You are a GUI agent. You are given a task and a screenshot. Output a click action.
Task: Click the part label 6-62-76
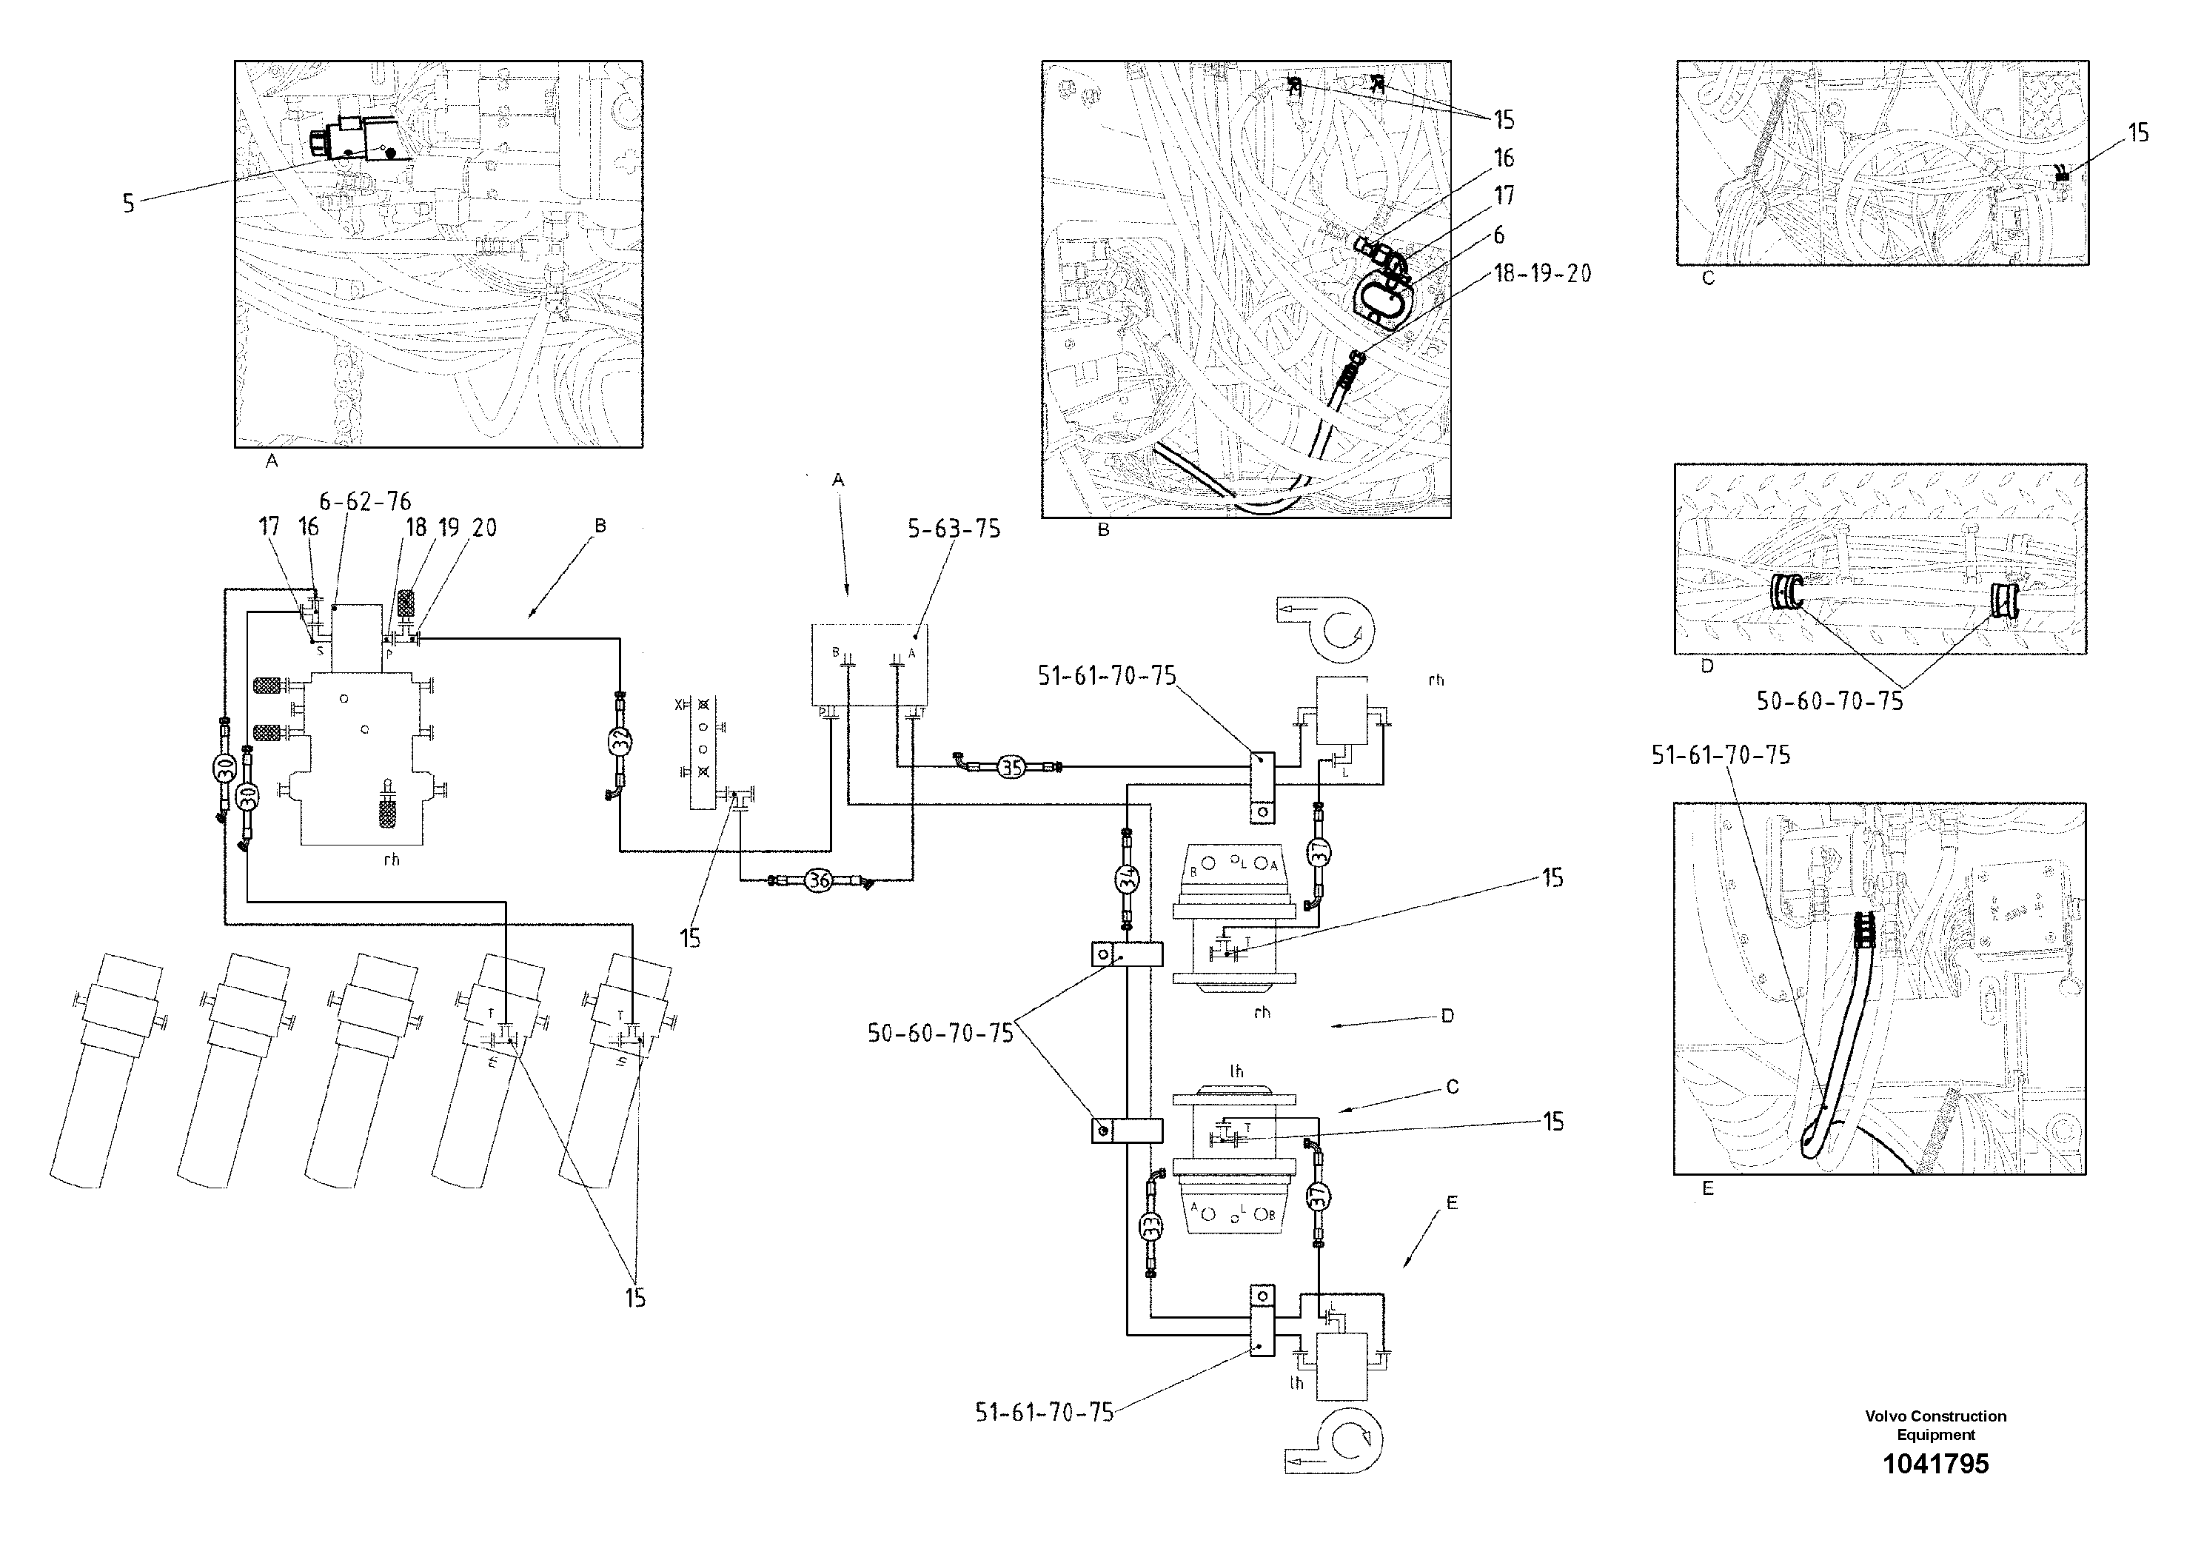[x=365, y=501]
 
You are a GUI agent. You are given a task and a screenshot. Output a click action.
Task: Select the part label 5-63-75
[x=954, y=530]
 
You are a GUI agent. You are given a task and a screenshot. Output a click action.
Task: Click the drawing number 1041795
[x=1935, y=1464]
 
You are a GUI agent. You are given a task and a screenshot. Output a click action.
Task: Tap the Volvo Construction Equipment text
[x=1935, y=1425]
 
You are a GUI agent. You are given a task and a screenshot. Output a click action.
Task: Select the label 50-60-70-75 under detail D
[x=1829, y=702]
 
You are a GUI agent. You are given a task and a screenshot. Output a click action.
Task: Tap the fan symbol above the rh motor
[x=1328, y=629]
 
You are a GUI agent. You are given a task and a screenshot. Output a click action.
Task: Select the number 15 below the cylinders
[x=635, y=1298]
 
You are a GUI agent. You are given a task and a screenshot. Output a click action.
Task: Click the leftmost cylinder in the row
[x=103, y=1071]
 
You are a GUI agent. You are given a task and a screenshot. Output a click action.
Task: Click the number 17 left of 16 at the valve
[x=269, y=527]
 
